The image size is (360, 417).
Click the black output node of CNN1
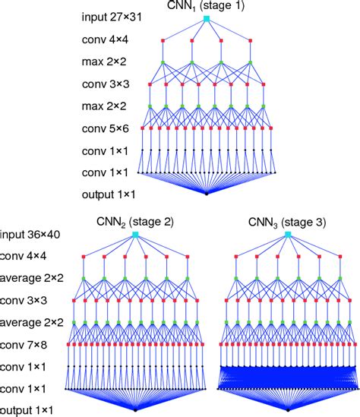tap(207, 194)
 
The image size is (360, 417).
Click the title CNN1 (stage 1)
tap(207, 5)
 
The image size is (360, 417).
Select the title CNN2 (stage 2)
tap(134, 223)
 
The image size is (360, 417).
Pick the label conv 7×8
tap(24, 344)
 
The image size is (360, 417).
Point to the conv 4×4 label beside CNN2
tap(24, 256)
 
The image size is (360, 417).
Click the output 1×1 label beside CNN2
tap(27, 410)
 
